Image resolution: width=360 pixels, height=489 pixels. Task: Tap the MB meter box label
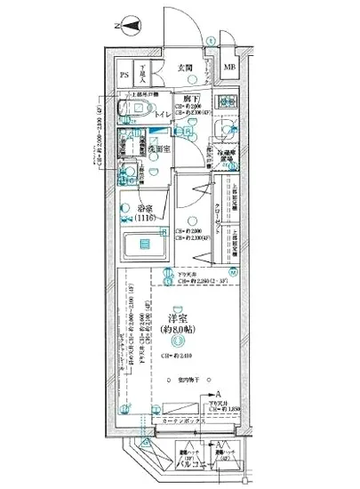(x=230, y=68)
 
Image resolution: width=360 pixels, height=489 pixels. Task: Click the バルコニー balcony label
(x=190, y=464)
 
